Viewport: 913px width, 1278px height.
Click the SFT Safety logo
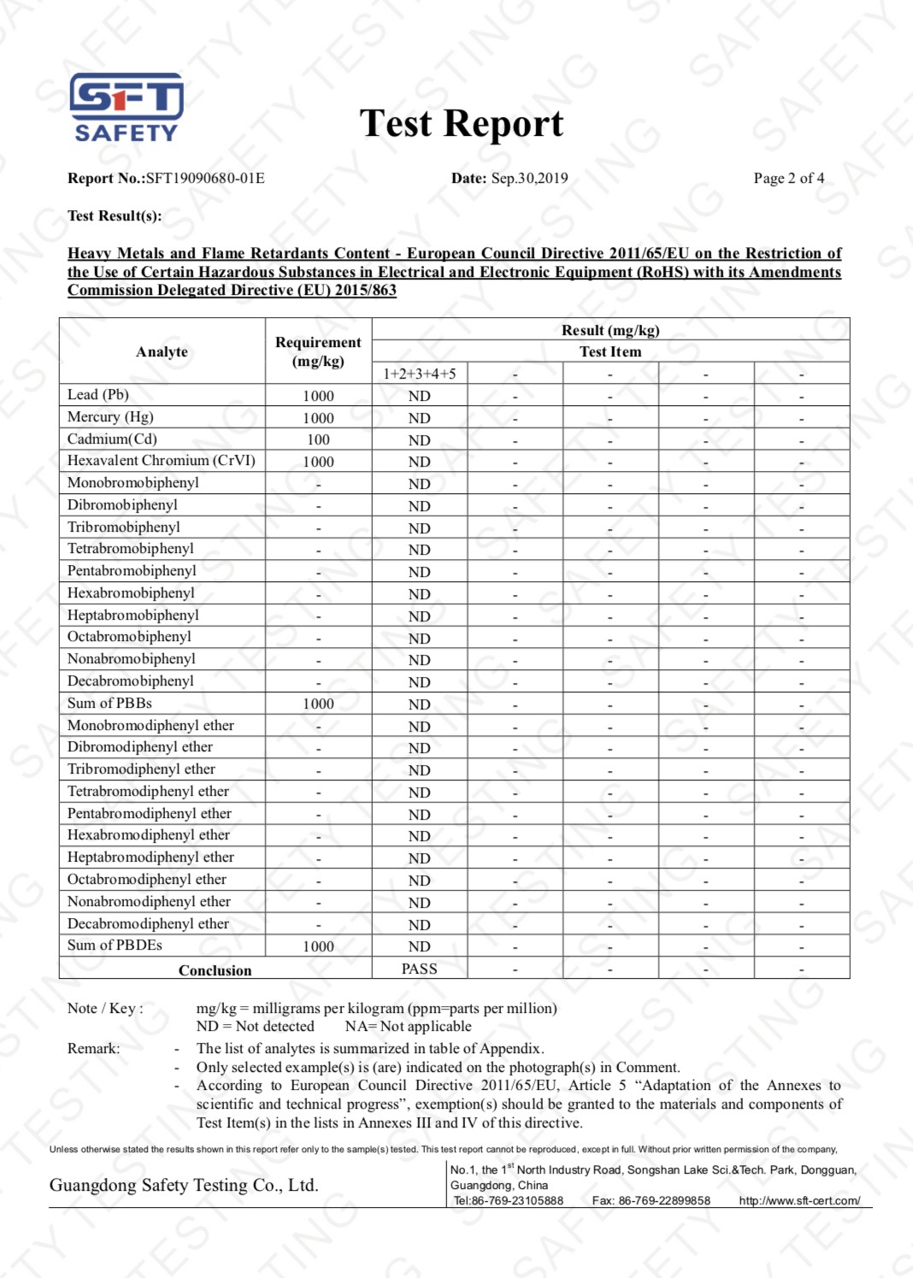(126, 107)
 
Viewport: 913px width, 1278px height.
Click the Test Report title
(461, 124)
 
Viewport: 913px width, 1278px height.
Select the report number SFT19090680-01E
(205, 179)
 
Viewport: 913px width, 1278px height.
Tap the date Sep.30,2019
(529, 179)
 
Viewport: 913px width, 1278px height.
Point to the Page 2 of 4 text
(788, 179)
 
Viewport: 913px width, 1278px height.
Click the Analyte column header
(162, 352)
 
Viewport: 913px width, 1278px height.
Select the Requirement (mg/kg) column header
(318, 351)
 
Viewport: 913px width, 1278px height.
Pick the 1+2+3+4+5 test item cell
(419, 374)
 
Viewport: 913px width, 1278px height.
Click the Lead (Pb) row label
(98, 395)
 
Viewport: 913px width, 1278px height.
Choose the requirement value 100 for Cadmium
(318, 440)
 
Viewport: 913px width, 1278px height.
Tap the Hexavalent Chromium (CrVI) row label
(161, 461)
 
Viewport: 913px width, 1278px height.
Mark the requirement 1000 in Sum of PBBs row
(318, 704)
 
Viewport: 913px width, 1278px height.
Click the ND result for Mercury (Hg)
(419, 418)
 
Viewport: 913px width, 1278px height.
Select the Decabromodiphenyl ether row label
(148, 924)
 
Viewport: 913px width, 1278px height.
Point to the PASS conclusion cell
(419, 969)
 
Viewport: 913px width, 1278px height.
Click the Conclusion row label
(215, 970)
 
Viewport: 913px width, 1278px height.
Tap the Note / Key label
(105, 1009)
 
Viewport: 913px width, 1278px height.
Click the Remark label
(94, 1049)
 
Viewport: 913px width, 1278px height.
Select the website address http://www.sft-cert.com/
(799, 1201)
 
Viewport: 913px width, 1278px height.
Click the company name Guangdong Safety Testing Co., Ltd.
(184, 1186)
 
